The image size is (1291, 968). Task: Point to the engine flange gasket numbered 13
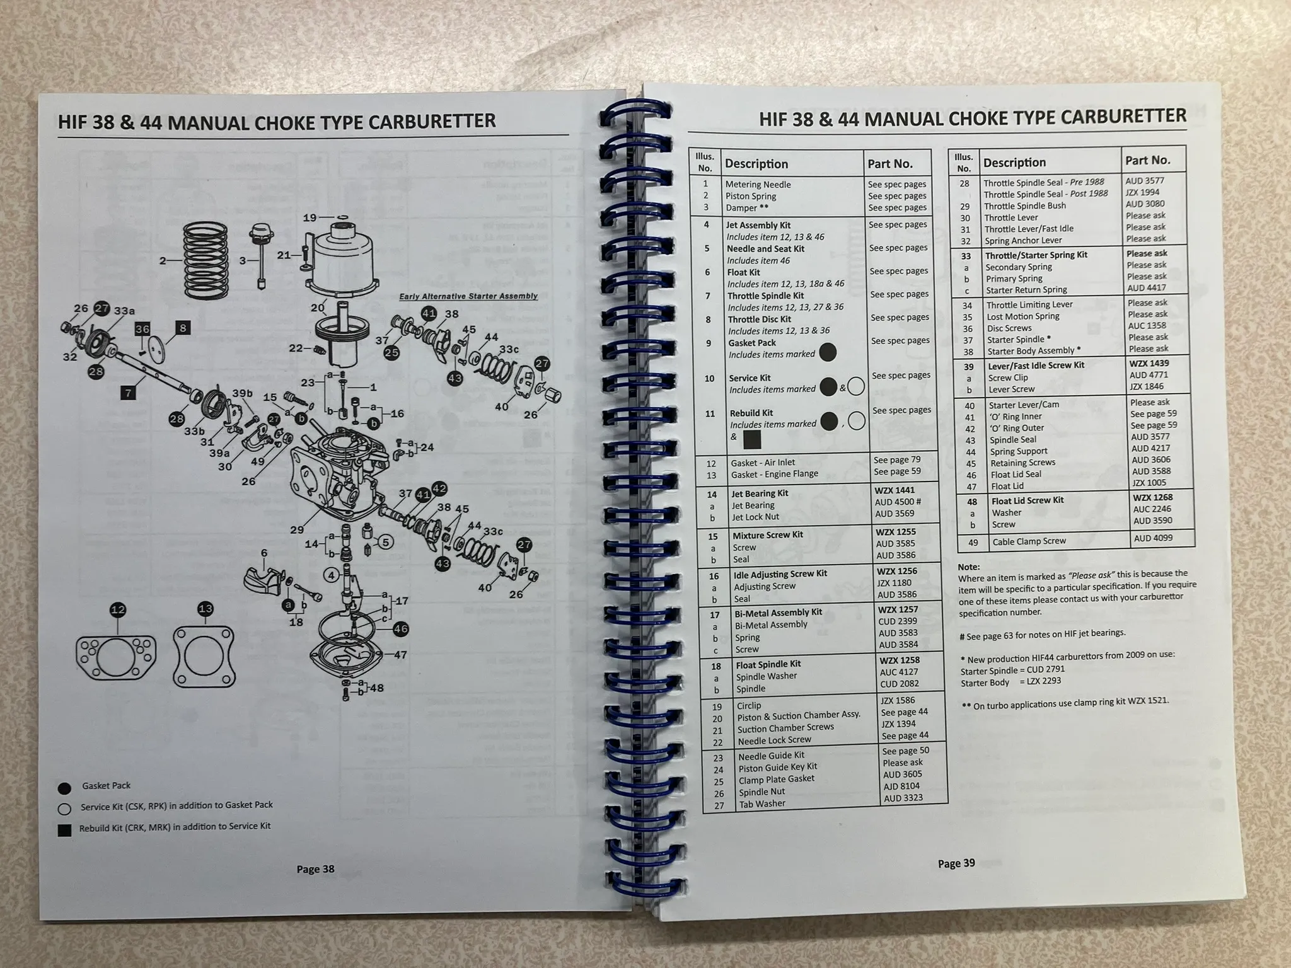pos(204,656)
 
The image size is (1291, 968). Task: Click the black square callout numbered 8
pos(182,328)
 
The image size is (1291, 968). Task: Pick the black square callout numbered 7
pos(128,393)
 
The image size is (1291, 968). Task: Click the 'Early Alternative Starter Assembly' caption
pos(468,296)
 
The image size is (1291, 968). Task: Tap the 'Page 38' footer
pos(315,869)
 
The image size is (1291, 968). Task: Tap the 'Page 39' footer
pos(956,863)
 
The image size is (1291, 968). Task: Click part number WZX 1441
pos(894,490)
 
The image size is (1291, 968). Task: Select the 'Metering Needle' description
pos(758,185)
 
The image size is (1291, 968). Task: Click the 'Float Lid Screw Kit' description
pos(1027,500)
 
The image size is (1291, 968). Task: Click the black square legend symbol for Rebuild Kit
pos(64,830)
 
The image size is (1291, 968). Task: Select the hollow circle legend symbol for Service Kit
pos(64,809)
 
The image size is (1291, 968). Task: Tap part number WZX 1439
pos(1149,363)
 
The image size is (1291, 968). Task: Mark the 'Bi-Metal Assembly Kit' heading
pos(778,613)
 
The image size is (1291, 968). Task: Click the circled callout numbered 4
pos(332,575)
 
